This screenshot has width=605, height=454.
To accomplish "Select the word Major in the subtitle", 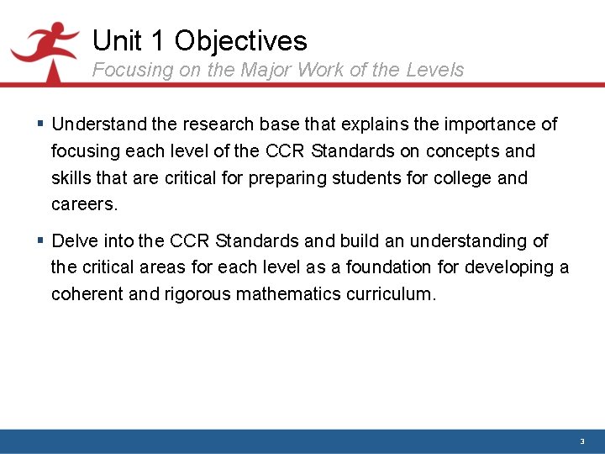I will point(265,70).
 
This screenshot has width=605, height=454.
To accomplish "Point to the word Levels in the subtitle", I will point(434,70).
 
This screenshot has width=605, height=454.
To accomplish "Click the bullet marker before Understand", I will point(41,124).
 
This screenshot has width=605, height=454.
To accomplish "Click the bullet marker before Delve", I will point(41,241).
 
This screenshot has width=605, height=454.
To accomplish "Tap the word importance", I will point(489,124).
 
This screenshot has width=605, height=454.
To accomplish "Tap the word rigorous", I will point(197,294).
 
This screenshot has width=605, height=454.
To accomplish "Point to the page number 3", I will point(581,441).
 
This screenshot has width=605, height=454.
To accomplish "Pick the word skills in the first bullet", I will point(71,178).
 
